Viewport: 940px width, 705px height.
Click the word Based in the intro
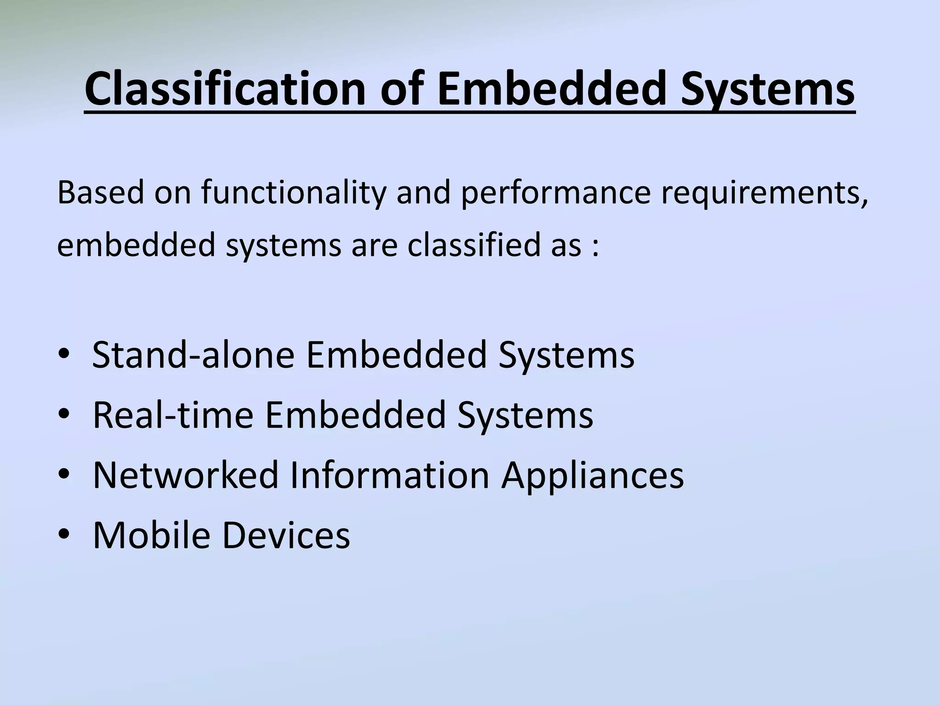coord(101,192)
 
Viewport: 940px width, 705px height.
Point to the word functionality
coord(294,193)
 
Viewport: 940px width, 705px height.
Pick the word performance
coord(555,193)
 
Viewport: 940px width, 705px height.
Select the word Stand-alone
coord(193,354)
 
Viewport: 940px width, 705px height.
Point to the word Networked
coord(185,475)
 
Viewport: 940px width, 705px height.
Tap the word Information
coord(390,475)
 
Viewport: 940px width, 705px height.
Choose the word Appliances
coord(592,476)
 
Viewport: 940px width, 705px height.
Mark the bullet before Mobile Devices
coord(64,535)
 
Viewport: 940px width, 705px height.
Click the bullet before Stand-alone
coord(64,354)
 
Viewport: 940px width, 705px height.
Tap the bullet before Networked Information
coord(64,475)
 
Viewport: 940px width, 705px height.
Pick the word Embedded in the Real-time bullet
coord(355,414)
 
